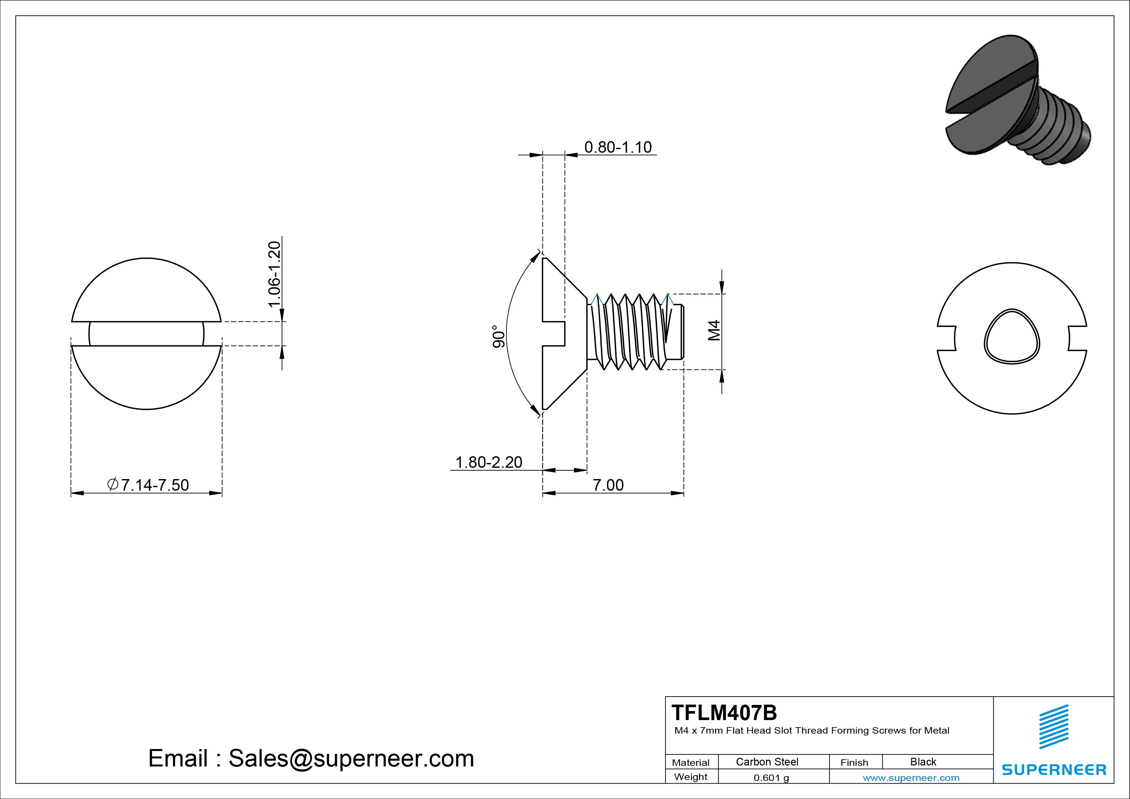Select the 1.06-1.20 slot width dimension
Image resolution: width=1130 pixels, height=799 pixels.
(274, 274)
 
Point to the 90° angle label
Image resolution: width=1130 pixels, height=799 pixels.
(499, 337)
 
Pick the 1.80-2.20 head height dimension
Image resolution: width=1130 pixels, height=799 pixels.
(488, 462)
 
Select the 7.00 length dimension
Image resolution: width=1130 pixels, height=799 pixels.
(608, 485)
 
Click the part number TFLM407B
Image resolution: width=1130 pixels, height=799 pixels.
(724, 712)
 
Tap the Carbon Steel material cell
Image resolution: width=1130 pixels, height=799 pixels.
(767, 762)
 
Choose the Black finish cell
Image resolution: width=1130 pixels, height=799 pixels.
(923, 762)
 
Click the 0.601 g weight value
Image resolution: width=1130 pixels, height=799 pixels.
(771, 778)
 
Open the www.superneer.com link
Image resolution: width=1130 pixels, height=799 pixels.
(911, 778)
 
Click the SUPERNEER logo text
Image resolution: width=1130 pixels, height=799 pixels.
(1054, 769)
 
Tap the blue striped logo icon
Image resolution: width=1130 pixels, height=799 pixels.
(1054, 727)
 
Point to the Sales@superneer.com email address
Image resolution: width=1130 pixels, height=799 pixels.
(351, 758)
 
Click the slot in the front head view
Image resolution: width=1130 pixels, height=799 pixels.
(146, 334)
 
